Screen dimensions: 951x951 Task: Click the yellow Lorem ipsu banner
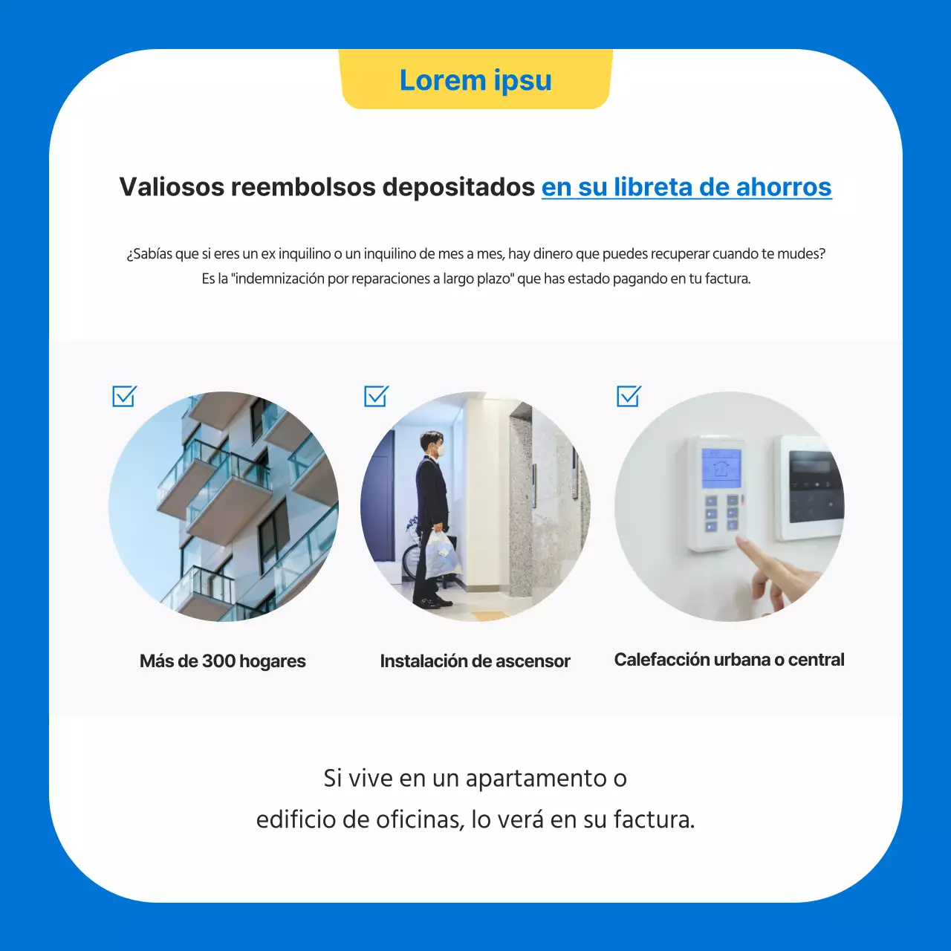point(475,80)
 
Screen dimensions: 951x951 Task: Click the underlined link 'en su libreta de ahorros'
point(686,187)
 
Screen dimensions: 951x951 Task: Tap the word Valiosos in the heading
point(171,187)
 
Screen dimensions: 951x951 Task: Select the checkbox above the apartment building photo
point(124,396)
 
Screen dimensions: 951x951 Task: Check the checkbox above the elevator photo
point(376,396)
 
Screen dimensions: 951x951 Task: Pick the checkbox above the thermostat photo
point(629,396)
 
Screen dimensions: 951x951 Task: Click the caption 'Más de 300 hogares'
point(222,661)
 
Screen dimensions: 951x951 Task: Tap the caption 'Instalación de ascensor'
point(475,661)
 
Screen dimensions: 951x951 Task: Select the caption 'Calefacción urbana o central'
point(729,660)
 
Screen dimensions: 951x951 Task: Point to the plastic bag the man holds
point(441,554)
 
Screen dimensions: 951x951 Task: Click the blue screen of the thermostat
point(721,466)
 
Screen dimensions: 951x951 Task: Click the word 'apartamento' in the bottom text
point(536,779)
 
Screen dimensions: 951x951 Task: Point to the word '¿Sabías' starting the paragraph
point(149,254)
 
